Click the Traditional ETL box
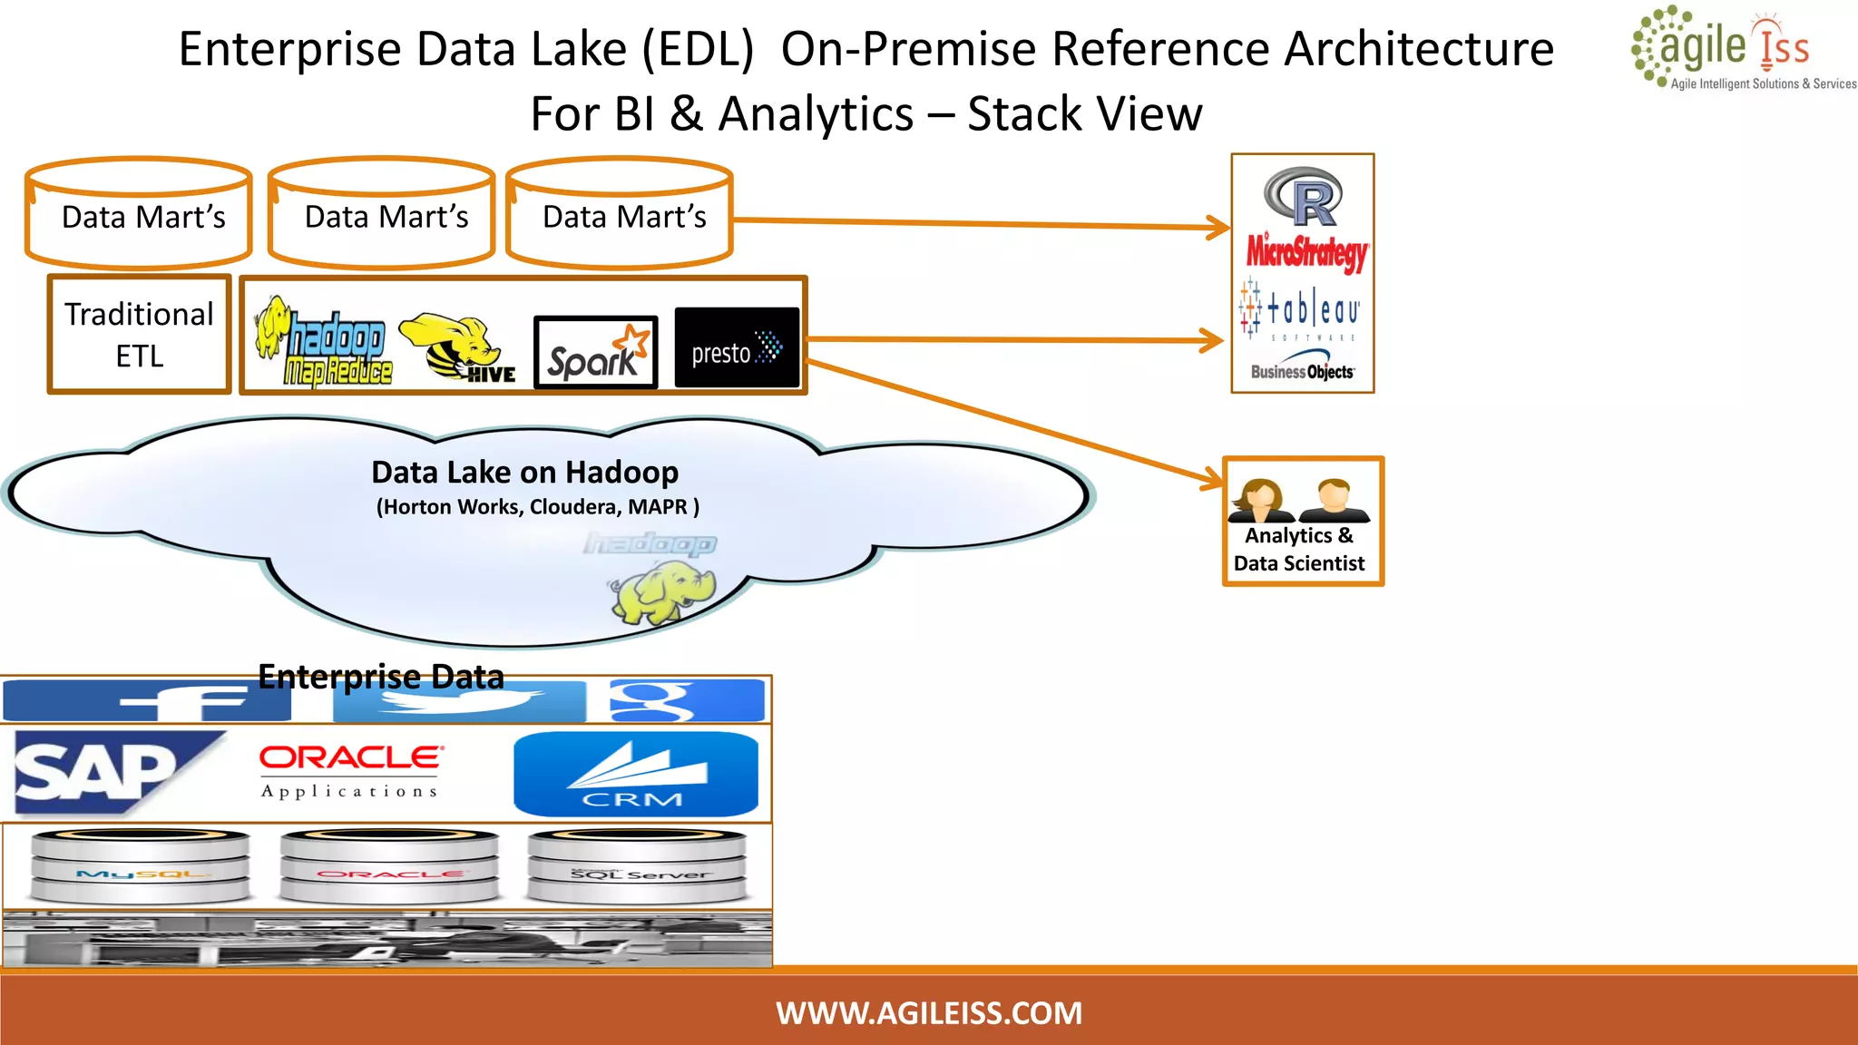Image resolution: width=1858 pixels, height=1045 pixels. pyautogui.click(x=139, y=335)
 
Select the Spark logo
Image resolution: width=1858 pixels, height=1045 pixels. pyautogui.click(x=596, y=353)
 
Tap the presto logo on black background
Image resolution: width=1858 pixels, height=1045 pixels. pyautogui.click(x=737, y=348)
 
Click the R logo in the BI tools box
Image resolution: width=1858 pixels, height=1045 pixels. pyautogui.click(x=1303, y=197)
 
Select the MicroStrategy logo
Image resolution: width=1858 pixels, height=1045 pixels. pyautogui.click(x=1306, y=251)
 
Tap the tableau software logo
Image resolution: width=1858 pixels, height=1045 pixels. pyautogui.click(x=1302, y=310)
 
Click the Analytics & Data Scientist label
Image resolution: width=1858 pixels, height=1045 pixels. pyautogui.click(x=1300, y=549)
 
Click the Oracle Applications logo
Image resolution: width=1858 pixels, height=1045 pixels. pyautogui.click(x=351, y=771)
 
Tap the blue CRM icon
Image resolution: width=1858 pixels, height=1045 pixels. pyautogui.click(x=635, y=774)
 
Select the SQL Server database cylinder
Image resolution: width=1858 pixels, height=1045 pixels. pyautogui.click(x=637, y=866)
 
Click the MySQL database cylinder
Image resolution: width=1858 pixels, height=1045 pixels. pyautogui.click(x=141, y=866)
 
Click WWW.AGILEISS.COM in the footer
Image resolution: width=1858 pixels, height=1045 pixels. pyautogui.click(x=929, y=1012)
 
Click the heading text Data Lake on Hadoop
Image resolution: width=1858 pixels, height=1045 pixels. pyautogui.click(x=524, y=473)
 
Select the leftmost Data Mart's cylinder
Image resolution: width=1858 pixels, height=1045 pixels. pyautogui.click(x=139, y=215)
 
